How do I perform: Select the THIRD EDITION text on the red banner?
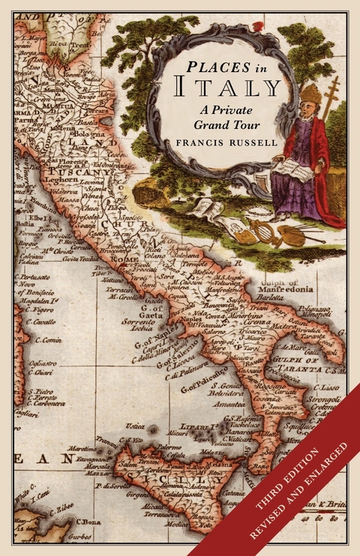pyautogui.click(x=292, y=478)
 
